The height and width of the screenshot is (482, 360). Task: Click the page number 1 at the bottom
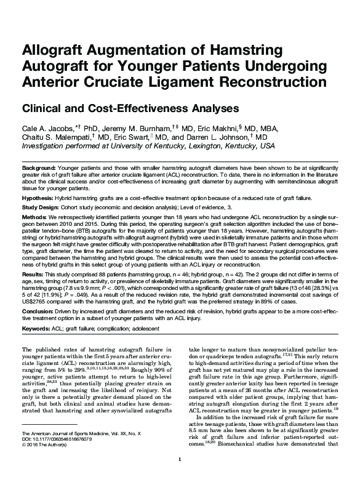(x=178, y=476)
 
